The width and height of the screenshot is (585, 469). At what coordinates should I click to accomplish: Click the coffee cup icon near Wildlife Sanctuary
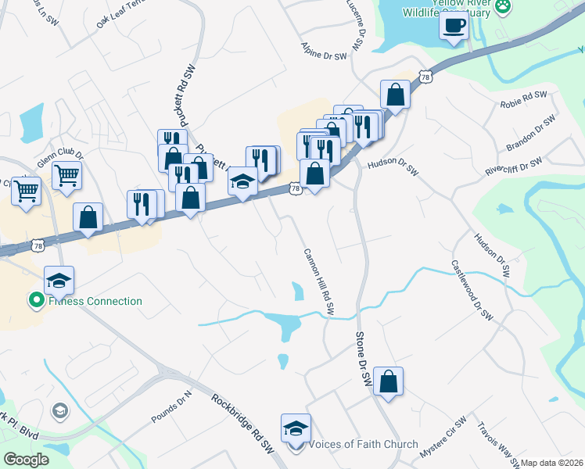(454, 27)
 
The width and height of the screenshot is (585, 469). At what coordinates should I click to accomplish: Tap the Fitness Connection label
(95, 301)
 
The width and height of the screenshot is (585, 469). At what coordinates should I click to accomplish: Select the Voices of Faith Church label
(364, 445)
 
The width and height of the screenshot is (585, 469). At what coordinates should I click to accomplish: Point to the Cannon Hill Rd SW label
(318, 281)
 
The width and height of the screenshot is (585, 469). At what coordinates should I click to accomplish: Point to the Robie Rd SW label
(523, 95)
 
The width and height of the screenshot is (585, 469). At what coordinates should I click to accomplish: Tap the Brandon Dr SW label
(530, 134)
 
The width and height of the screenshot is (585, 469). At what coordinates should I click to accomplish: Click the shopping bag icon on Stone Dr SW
(388, 381)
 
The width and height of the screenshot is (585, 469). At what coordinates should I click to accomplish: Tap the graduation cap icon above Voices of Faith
(296, 428)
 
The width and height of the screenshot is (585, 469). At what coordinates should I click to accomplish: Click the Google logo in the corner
(26, 460)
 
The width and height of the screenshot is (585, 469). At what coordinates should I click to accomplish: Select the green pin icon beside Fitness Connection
(35, 300)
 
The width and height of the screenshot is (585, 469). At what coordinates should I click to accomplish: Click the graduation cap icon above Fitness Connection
(59, 279)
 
